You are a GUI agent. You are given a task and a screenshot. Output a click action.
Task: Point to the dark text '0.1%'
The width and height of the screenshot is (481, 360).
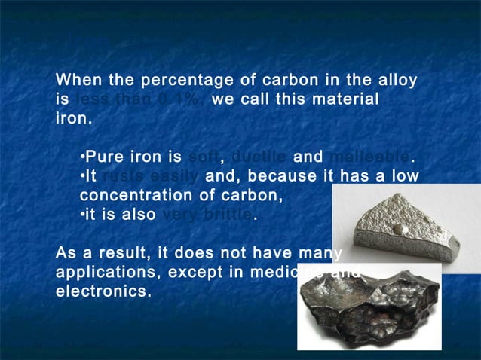173,100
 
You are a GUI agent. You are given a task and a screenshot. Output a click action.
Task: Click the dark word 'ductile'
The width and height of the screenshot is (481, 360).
259,158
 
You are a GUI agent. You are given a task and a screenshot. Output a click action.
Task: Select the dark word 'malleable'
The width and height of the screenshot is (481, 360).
369,158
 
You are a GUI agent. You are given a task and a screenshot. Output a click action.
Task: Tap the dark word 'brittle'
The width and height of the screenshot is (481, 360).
224,215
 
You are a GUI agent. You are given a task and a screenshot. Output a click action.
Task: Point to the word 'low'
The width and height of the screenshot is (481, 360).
403,177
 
